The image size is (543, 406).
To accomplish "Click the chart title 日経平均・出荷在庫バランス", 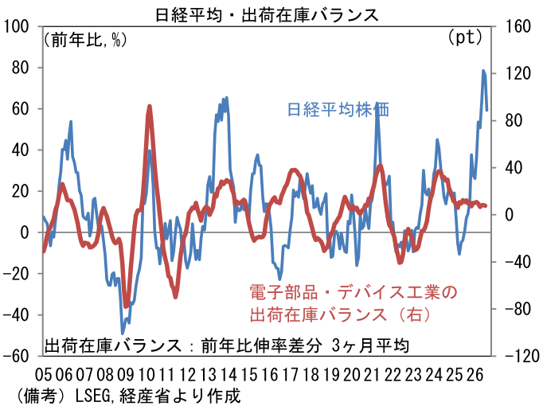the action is (267, 16).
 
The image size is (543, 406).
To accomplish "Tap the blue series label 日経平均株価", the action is (338, 109).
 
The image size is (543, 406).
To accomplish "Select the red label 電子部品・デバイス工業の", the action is (354, 292).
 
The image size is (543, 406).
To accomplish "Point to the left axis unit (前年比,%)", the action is (85, 40).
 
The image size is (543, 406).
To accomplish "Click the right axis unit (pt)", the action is (466, 37).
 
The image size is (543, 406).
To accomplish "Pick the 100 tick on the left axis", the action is (16, 26).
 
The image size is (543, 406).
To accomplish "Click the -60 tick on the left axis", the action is (16, 356).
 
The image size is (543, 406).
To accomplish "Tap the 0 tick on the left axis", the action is (24, 232).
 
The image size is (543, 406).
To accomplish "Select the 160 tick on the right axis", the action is (518, 26).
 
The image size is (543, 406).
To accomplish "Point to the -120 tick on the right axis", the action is (522, 356).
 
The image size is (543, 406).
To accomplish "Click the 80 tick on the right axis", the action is (514, 121).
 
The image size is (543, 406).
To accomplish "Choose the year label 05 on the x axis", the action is (43, 374).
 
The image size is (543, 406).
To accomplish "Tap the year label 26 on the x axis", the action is (475, 374).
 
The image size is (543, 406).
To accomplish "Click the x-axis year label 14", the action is (229, 374).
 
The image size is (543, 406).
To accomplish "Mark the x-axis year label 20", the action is (351, 374).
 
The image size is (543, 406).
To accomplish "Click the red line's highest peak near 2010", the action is (149, 106).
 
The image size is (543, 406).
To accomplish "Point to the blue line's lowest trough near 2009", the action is (123, 333).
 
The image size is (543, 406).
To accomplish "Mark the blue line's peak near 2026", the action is (483, 71).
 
